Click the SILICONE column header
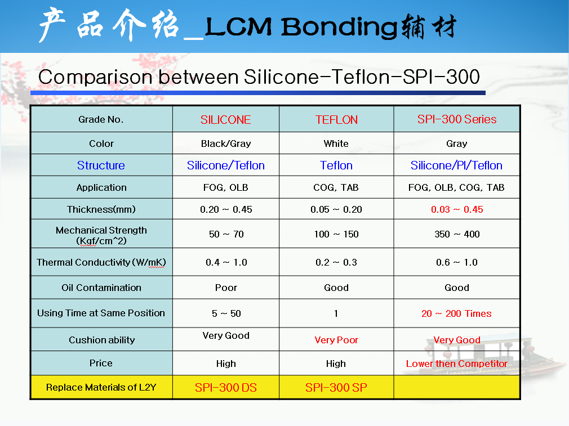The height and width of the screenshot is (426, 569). click(226, 120)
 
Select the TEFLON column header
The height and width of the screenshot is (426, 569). click(336, 120)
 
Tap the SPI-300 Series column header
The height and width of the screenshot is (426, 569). click(457, 119)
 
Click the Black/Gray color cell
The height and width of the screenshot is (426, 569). click(226, 144)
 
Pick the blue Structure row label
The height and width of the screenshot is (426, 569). click(101, 165)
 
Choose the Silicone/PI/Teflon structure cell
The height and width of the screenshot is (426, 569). click(456, 165)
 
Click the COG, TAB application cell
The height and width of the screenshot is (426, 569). click(336, 187)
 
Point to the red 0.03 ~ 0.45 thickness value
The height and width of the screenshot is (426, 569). click(457, 209)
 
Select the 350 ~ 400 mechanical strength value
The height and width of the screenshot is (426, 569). click(457, 234)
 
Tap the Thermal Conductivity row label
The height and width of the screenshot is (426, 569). click(101, 262)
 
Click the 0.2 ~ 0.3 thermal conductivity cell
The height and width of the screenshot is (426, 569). click(336, 262)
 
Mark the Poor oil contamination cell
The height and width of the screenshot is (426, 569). click(226, 288)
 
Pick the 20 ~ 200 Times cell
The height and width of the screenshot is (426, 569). click(456, 313)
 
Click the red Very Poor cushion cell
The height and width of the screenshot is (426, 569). click(336, 340)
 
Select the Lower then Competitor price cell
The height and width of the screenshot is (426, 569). click(456, 364)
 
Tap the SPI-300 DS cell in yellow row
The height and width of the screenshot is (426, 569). click(226, 388)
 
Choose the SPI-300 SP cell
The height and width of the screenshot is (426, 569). click(336, 388)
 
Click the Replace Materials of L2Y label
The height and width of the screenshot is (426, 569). click(101, 387)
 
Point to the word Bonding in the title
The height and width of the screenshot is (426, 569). click(340, 28)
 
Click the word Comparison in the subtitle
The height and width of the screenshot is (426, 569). click(95, 78)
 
